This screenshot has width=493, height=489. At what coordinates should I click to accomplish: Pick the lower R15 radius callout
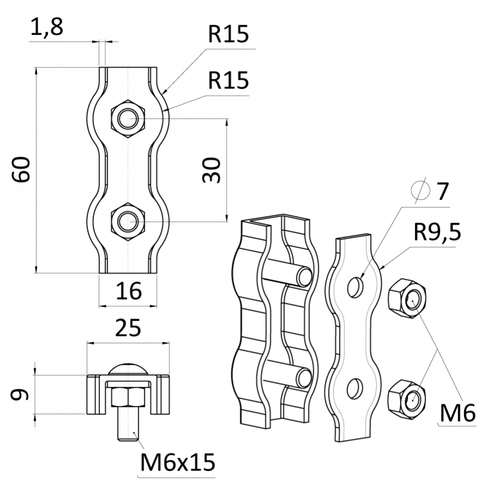click(x=228, y=81)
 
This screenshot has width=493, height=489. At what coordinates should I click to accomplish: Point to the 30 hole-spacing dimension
click(x=211, y=170)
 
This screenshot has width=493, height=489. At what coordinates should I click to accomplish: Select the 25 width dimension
click(x=128, y=328)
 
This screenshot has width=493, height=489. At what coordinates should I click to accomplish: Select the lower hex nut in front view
click(x=128, y=222)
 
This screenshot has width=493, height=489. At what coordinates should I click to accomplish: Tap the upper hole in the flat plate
click(x=355, y=286)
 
